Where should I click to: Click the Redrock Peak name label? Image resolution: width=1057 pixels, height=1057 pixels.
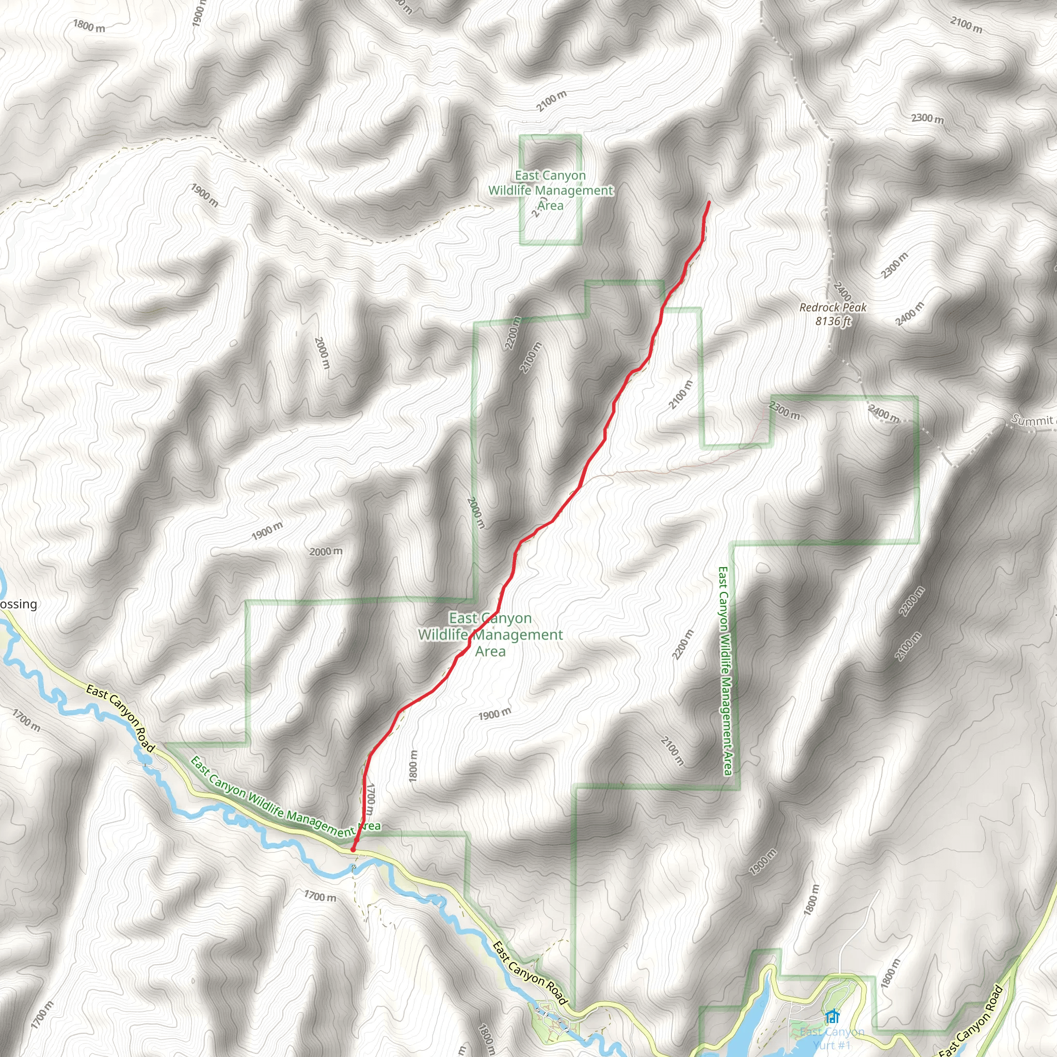(x=832, y=308)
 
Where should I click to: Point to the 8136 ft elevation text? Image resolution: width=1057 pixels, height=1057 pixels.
(x=832, y=321)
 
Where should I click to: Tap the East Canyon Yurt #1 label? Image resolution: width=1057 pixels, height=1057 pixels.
(x=831, y=1038)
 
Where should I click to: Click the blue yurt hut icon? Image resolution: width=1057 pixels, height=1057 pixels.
(x=832, y=1017)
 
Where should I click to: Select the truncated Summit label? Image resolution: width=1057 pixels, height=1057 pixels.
(x=1032, y=420)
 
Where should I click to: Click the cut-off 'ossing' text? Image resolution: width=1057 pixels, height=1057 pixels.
(x=19, y=604)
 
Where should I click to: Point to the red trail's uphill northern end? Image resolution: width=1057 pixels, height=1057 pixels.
(x=709, y=202)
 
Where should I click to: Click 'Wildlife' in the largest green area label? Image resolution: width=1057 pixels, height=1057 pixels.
(x=443, y=635)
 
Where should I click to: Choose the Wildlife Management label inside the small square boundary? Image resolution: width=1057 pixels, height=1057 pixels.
(x=550, y=190)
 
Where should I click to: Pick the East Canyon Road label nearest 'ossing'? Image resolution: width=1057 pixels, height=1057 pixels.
(x=121, y=718)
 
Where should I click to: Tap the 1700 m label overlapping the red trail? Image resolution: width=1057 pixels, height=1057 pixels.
(x=371, y=798)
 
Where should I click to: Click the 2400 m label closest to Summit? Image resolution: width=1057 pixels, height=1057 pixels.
(x=883, y=413)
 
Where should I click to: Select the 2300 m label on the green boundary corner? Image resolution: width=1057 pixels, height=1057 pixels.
(x=784, y=410)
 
